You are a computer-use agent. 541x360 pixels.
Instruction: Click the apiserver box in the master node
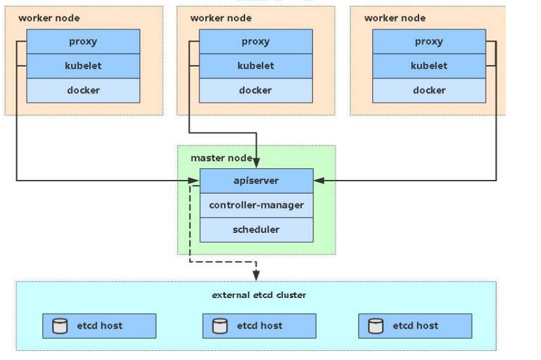(256, 181)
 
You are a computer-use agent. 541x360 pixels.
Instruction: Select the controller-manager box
(256, 205)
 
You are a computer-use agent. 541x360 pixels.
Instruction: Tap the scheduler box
(256, 230)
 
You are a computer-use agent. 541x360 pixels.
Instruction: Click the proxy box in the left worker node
(83, 42)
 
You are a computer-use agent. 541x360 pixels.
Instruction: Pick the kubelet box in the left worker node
(83, 66)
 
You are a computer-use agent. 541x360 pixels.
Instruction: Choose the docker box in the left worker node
(83, 90)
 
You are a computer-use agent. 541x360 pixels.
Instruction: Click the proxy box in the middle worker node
(256, 42)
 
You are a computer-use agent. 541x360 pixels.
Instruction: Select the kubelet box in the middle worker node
(256, 66)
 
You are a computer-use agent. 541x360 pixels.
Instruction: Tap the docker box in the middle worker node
(256, 90)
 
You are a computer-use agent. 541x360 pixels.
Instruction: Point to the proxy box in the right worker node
(429, 42)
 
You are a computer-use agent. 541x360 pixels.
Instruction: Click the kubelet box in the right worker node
(429, 66)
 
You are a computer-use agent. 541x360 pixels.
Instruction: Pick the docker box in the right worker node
(429, 90)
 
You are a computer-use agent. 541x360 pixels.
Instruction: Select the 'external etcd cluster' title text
(259, 295)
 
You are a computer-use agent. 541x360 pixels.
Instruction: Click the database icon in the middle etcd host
(220, 325)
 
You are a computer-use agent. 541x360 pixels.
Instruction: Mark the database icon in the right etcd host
(375, 325)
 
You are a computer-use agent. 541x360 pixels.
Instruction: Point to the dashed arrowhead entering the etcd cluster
(256, 276)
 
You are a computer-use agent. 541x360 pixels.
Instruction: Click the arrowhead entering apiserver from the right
(317, 181)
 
